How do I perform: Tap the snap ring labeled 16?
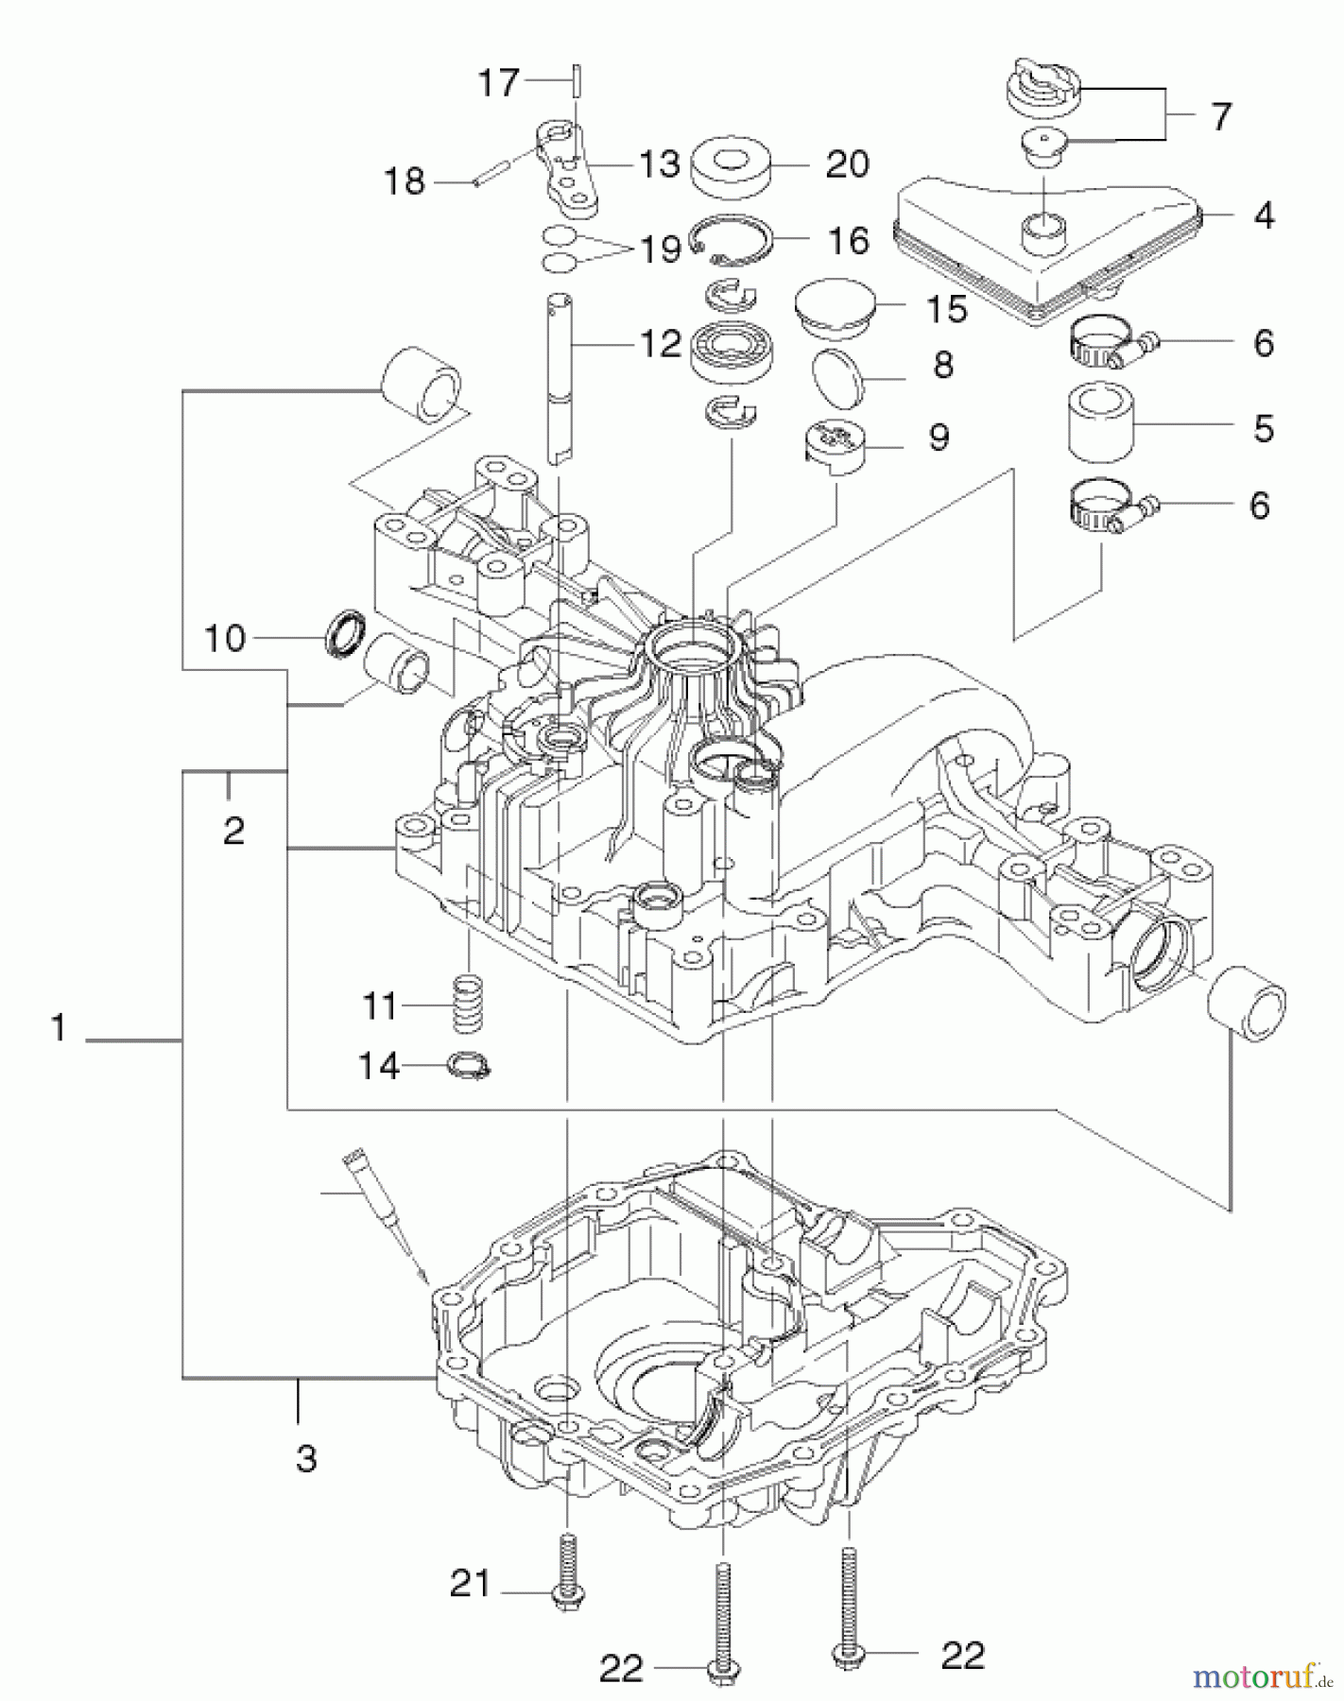tap(728, 239)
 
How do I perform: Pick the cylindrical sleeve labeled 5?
tap(1101, 421)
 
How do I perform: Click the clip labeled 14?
tap(470, 1067)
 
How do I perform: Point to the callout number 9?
tap(939, 438)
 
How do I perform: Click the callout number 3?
tap(305, 1458)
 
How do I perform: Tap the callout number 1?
tap(60, 1027)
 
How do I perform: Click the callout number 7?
tap(1221, 117)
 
